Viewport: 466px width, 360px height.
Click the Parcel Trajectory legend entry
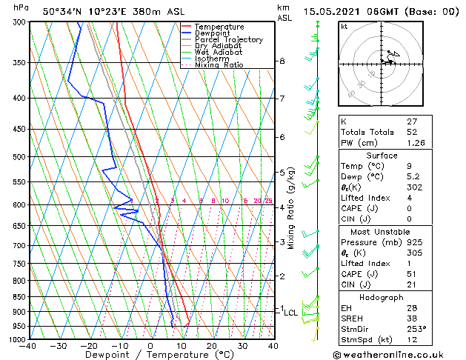pyautogui.click(x=228, y=39)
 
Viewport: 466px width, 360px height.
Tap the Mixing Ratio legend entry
pyautogui.click(x=219, y=65)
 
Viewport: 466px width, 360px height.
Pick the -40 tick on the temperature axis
pyautogui.click(x=29, y=346)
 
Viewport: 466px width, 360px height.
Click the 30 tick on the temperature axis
pyautogui.click(x=242, y=346)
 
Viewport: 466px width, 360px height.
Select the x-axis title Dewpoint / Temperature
pyautogui.click(x=150, y=355)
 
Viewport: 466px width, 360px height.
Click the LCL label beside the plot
pyautogui.click(x=290, y=313)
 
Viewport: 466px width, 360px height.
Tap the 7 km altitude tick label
pyautogui.click(x=282, y=99)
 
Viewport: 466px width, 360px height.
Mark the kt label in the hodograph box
pyautogui.click(x=344, y=27)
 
